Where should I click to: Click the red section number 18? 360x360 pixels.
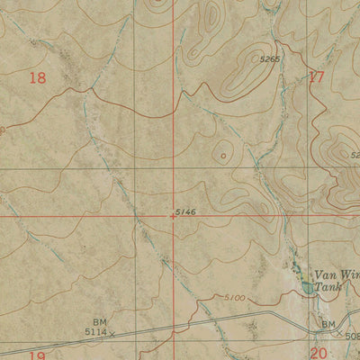[x=37, y=78]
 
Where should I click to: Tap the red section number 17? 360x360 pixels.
[x=316, y=77]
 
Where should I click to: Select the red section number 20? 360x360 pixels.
[x=319, y=353]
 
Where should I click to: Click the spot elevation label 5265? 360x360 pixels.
[x=270, y=60]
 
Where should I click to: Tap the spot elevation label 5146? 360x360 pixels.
[x=186, y=211]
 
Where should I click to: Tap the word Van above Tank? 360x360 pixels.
[x=327, y=275]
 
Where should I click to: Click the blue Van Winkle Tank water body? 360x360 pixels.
[x=309, y=287]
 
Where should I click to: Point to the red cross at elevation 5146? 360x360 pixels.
[x=173, y=216]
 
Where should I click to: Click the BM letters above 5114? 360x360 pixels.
[x=99, y=321]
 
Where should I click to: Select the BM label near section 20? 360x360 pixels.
[x=328, y=323]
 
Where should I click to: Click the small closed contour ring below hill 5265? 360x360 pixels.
[x=222, y=155]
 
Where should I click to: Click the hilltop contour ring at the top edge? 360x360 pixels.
[x=160, y=3]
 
